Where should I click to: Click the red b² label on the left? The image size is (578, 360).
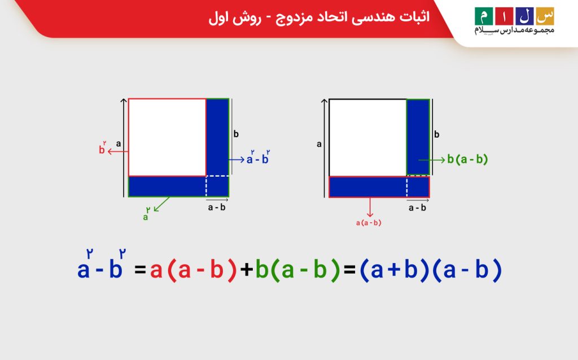click(102, 150)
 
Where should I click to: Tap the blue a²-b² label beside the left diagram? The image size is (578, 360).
click(258, 159)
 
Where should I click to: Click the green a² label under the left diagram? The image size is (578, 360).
click(146, 215)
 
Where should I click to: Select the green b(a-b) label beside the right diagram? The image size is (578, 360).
click(467, 160)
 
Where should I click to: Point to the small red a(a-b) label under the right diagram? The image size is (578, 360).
click(369, 223)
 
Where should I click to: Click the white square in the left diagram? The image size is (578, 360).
click(167, 137)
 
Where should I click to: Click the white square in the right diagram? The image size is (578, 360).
click(368, 137)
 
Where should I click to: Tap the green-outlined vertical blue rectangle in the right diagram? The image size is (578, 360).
click(418, 137)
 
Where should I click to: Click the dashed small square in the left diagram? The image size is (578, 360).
click(217, 185)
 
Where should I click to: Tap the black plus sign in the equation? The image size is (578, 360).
click(246, 271)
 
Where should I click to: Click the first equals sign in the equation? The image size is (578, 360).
click(141, 271)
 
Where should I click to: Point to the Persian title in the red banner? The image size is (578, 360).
click(318, 17)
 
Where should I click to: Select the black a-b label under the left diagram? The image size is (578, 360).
click(217, 207)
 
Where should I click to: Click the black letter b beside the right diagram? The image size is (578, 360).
click(436, 134)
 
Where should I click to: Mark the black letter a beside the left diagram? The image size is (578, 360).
click(119, 143)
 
